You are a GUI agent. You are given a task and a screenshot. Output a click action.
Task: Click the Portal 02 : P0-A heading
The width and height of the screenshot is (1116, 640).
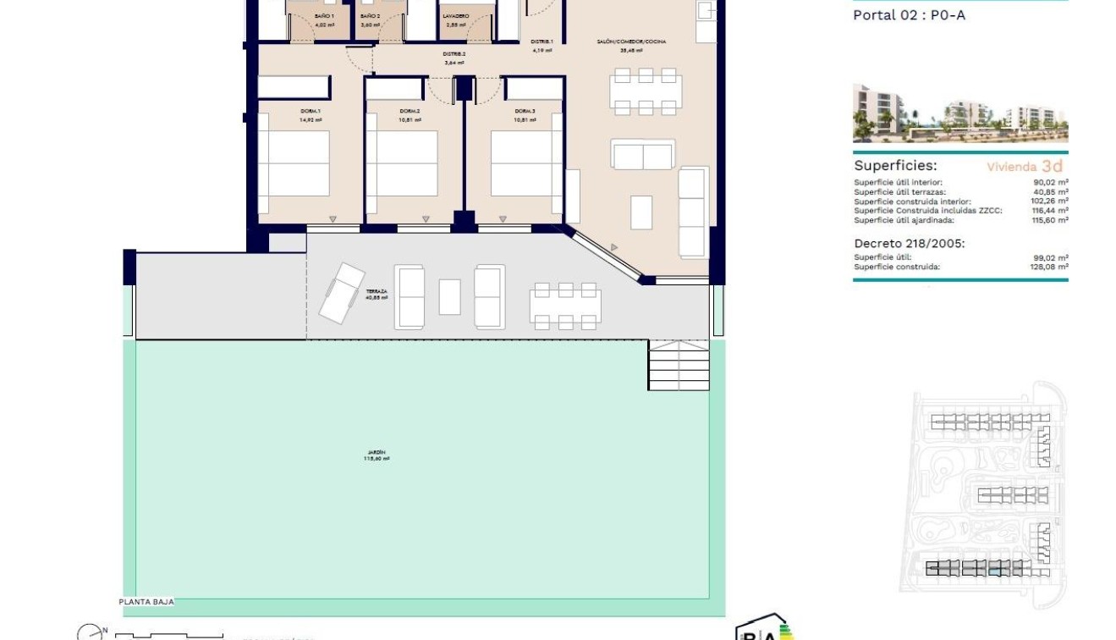(x=909, y=15)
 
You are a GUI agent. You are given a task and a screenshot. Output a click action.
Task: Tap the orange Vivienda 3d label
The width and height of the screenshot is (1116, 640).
(x=1025, y=167)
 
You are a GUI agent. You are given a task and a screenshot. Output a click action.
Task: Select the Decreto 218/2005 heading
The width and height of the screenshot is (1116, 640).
(x=909, y=243)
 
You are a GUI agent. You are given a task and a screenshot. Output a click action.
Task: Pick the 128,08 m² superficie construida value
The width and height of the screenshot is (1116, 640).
(x=1052, y=267)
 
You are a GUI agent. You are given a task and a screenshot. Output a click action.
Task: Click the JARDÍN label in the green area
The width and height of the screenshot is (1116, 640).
(x=376, y=453)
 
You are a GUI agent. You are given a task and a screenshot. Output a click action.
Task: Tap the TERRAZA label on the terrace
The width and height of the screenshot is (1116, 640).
(x=376, y=291)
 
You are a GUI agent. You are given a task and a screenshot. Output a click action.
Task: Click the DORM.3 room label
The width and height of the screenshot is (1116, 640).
(x=525, y=112)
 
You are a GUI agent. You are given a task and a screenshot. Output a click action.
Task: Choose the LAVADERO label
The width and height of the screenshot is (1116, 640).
(x=455, y=16)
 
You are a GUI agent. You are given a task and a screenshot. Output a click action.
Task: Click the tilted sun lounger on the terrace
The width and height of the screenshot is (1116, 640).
(x=342, y=292)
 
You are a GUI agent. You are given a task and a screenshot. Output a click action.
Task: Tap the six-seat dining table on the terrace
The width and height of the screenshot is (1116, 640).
(x=565, y=306)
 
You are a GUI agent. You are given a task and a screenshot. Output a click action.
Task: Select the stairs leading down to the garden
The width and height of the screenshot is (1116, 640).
(x=678, y=365)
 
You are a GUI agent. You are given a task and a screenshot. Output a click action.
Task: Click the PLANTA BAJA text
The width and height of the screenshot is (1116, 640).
(x=146, y=601)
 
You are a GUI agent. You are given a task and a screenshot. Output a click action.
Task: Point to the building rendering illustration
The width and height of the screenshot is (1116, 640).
(x=960, y=113)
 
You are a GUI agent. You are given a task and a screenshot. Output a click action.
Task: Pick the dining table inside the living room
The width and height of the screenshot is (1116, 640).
(x=646, y=91)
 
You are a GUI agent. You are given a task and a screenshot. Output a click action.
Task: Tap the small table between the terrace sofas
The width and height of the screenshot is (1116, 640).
(x=449, y=297)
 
